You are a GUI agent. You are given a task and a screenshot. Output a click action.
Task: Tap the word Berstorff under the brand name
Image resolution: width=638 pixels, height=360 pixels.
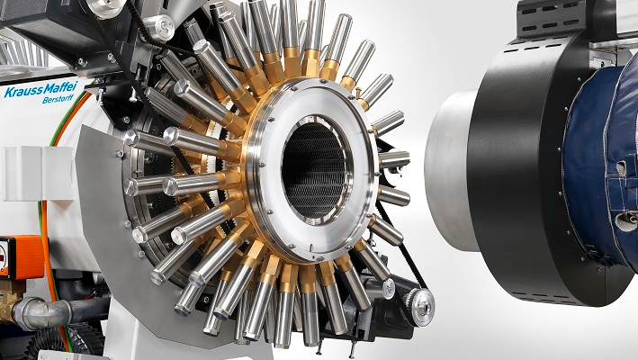point(58,99)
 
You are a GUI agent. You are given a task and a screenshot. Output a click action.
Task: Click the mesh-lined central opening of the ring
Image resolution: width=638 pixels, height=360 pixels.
point(313,171)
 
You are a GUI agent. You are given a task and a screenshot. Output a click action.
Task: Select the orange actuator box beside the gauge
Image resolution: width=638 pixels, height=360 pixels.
point(25,257)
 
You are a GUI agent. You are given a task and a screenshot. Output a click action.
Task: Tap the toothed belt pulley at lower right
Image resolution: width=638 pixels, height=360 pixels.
point(419,307)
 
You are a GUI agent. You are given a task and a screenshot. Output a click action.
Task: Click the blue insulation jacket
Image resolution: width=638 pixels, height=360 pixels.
point(601,163)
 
